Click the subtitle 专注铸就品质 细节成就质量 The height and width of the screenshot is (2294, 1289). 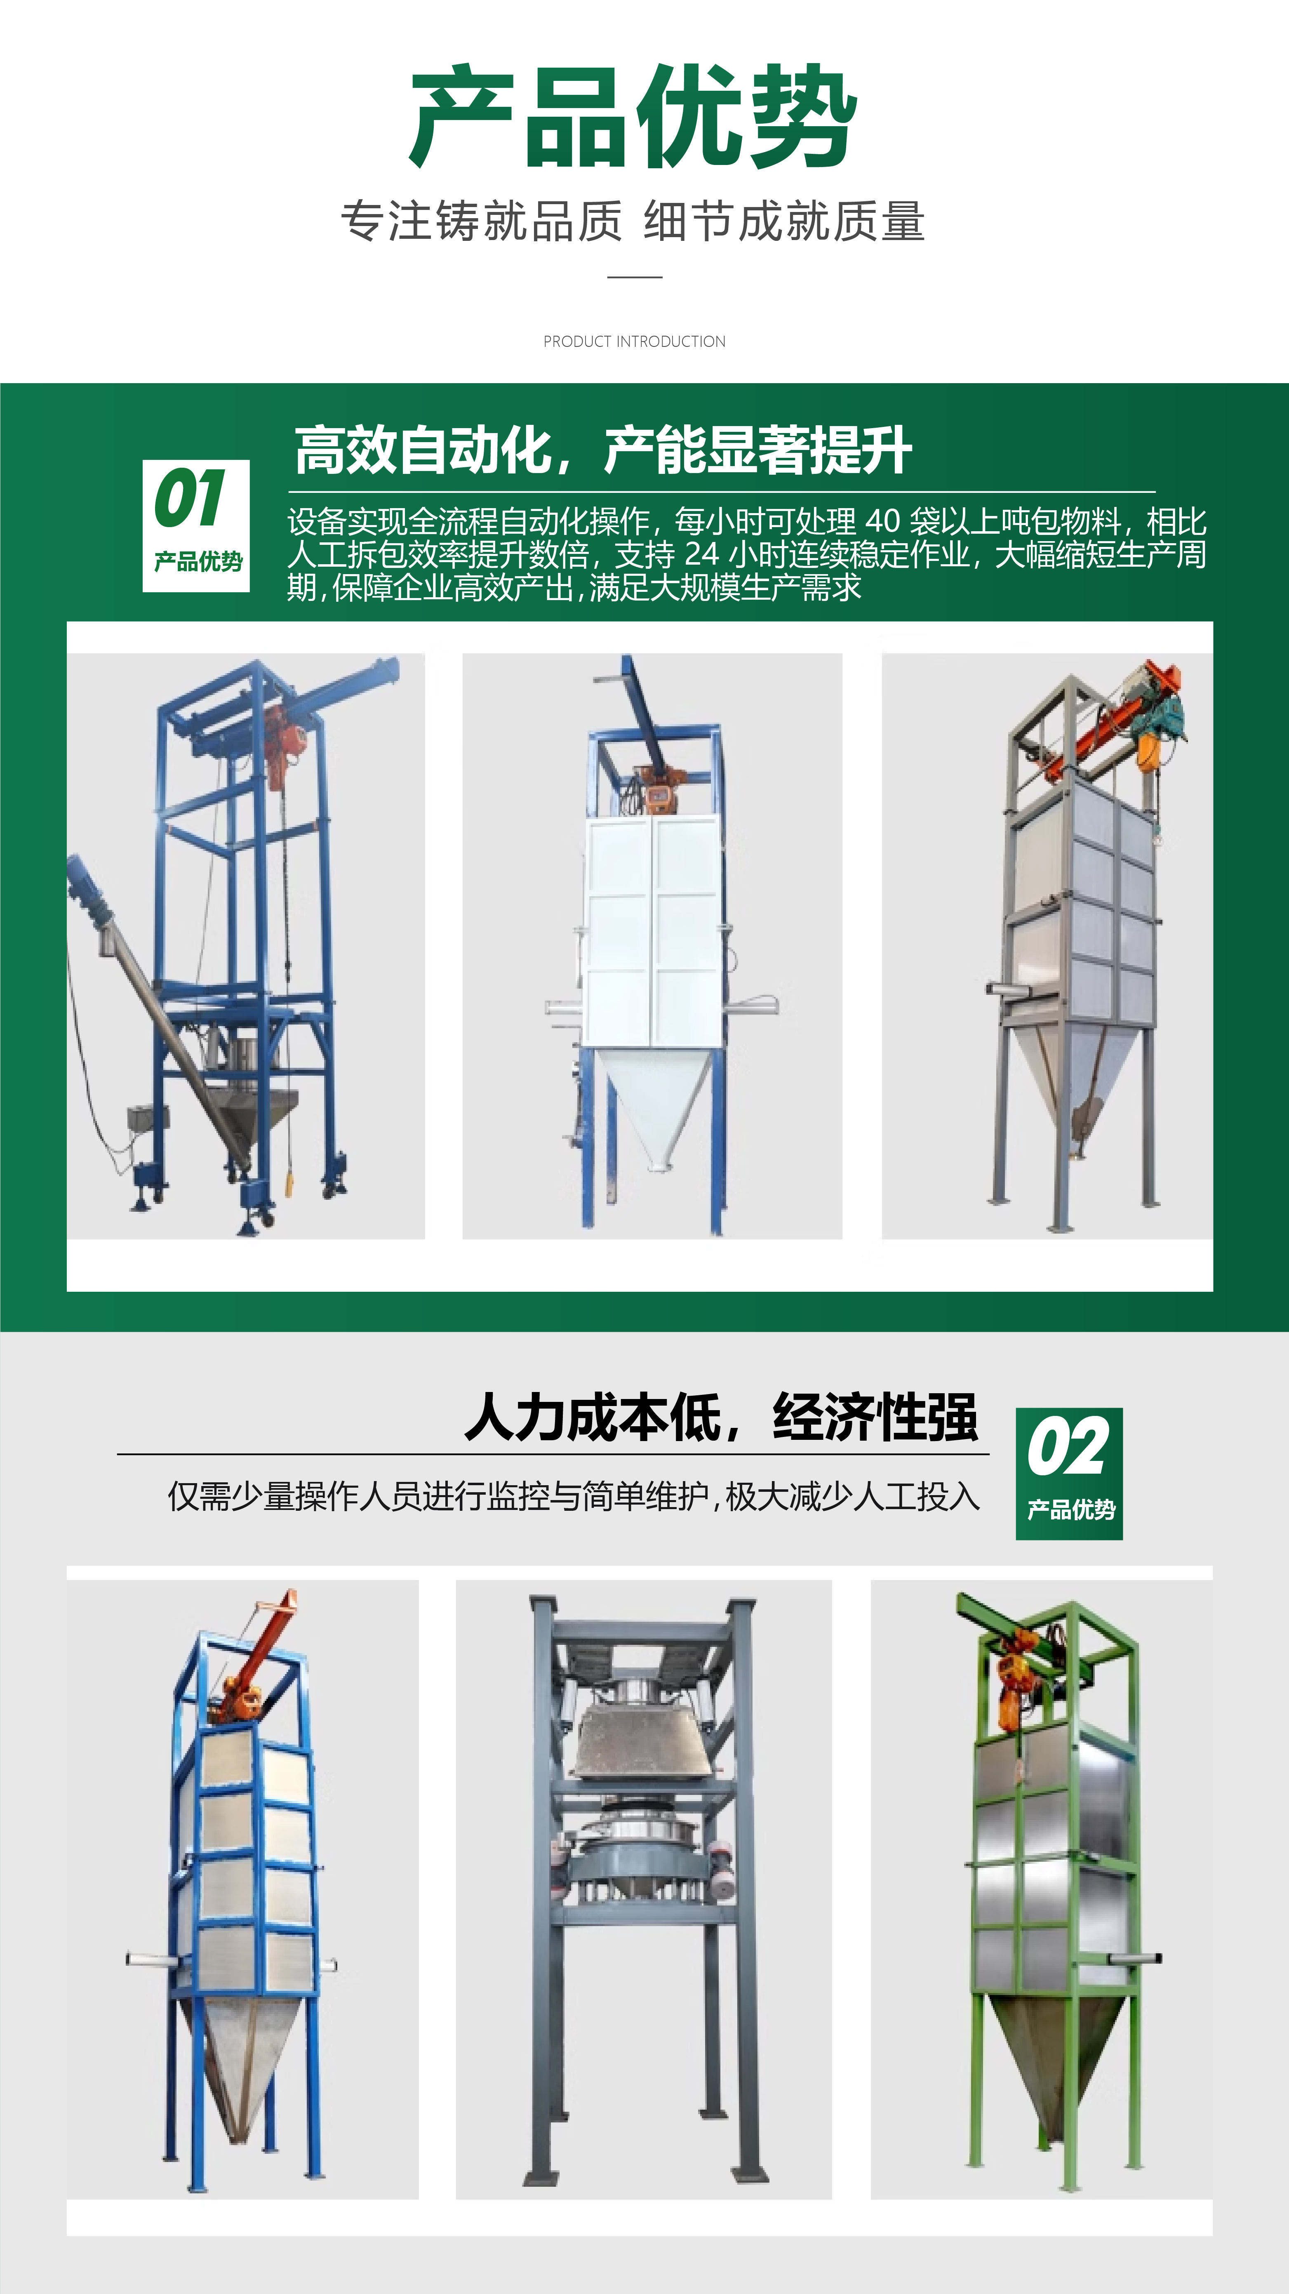[633, 222]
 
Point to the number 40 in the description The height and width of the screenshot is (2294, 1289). [883, 522]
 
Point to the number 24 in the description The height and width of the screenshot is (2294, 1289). [701, 555]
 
